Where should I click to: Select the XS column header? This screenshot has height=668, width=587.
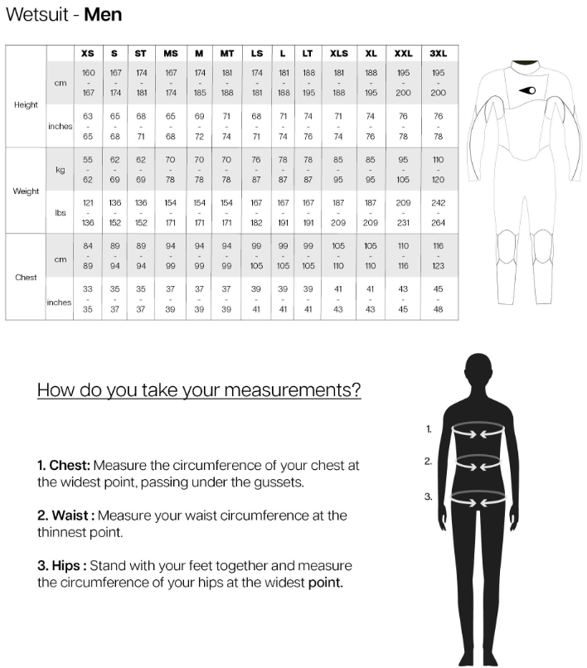[88, 54]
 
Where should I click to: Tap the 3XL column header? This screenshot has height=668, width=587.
[438, 54]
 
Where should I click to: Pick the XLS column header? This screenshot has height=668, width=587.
[339, 54]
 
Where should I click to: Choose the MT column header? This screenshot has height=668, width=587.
[226, 54]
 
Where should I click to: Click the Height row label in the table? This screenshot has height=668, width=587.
[26, 105]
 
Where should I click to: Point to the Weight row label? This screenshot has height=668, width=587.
[26, 191]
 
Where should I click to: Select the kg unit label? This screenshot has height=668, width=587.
[60, 170]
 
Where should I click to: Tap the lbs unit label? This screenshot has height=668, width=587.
[60, 213]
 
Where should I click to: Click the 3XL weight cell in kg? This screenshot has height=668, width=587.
[438, 170]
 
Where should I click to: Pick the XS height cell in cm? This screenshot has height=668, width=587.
[88, 83]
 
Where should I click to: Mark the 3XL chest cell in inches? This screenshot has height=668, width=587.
[438, 299]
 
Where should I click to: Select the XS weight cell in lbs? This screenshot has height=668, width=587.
[88, 213]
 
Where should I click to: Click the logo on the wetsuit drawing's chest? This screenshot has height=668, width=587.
[527, 90]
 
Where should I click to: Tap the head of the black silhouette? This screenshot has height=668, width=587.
[478, 370]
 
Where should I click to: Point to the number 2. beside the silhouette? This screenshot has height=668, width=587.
[428, 462]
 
